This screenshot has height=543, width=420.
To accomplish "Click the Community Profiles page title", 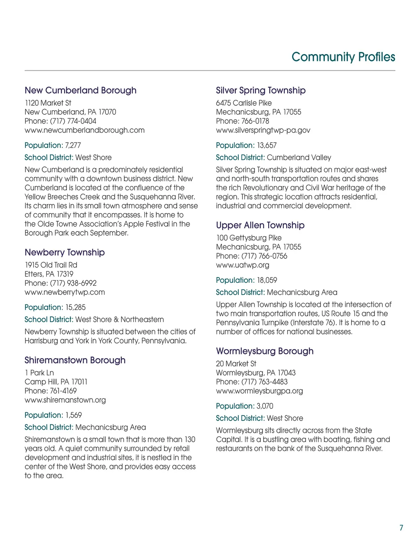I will click(x=343, y=57).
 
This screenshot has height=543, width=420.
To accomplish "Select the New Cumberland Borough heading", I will click(x=80, y=90).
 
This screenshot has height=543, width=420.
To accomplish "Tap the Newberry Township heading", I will click(x=64, y=252).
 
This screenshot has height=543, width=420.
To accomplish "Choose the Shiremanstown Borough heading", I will click(x=75, y=360).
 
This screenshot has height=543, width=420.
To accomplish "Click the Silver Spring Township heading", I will click(x=260, y=90).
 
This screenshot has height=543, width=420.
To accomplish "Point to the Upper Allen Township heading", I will click(x=260, y=225).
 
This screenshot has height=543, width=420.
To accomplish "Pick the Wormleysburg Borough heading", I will click(x=265, y=351).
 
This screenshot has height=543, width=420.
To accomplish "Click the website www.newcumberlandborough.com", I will click(x=84, y=130).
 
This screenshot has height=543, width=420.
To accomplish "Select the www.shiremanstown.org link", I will click(x=65, y=400).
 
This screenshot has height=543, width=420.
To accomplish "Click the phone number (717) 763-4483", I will click(x=265, y=382).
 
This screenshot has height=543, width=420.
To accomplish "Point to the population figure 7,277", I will click(x=73, y=145).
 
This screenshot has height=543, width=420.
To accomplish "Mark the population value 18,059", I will click(x=267, y=280).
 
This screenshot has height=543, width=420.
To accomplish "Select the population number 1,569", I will click(x=73, y=415).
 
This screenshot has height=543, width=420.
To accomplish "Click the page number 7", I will click(x=401, y=528).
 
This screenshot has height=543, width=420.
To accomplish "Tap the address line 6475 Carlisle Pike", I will click(x=244, y=103).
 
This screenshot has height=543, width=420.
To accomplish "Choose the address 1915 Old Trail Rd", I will click(x=51, y=265).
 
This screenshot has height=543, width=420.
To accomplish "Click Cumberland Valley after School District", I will click(x=299, y=158).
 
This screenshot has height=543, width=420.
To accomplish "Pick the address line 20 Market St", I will click(x=236, y=364).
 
